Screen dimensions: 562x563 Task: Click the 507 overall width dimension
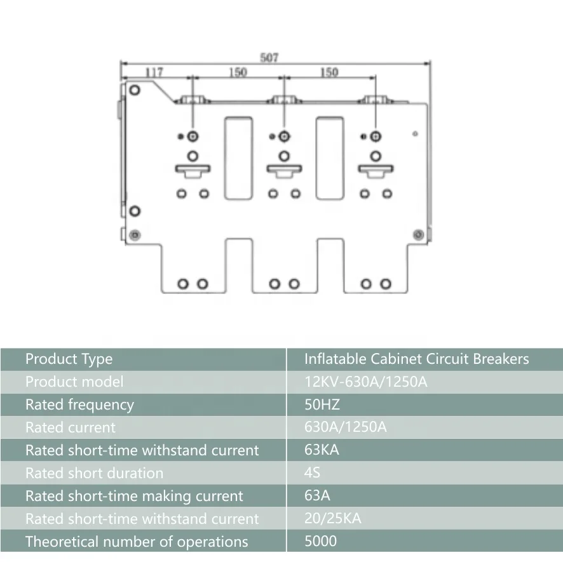(269, 58)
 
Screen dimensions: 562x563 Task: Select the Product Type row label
(69, 359)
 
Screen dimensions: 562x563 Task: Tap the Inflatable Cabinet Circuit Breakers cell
(416, 359)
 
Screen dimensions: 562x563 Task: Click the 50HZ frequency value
(323, 405)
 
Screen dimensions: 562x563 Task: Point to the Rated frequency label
(79, 405)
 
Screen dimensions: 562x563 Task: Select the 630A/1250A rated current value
(345, 427)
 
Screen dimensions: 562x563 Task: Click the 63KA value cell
(322, 450)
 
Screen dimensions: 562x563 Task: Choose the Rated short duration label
(94, 473)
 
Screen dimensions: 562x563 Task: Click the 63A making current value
(317, 496)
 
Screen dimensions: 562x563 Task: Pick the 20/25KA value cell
(332, 519)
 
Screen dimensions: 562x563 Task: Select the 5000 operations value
(320, 542)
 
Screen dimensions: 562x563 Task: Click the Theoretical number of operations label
(136, 542)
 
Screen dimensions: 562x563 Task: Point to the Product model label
(74, 382)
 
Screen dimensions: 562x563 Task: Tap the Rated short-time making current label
(134, 496)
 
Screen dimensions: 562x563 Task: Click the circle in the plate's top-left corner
(134, 90)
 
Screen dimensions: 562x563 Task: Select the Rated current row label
(70, 427)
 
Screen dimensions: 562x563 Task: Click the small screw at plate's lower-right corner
(417, 235)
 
